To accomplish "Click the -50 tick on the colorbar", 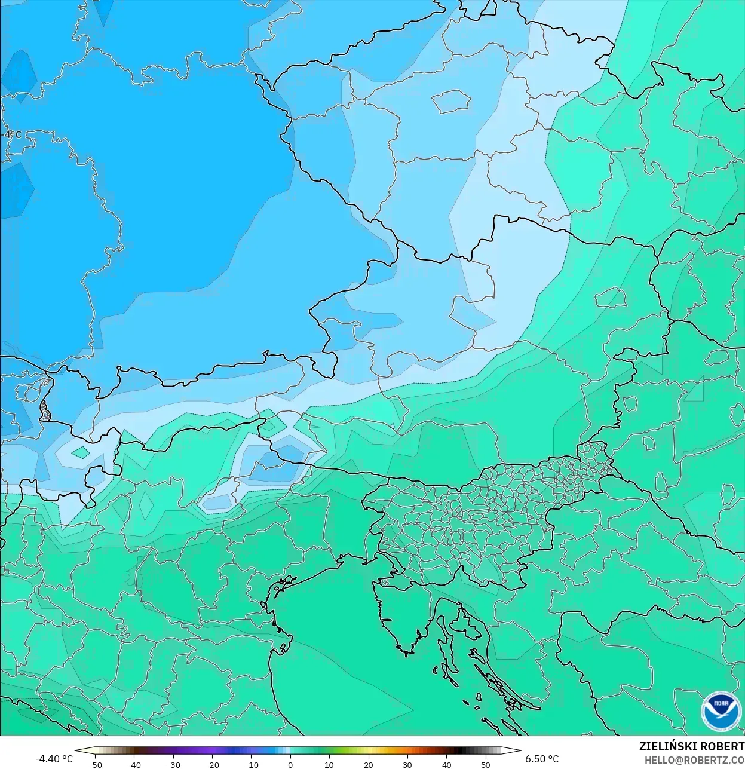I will coord(94,764).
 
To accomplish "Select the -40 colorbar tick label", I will coord(134,764).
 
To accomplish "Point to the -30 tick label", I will coord(173,764).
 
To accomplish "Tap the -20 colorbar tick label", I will coord(212,764).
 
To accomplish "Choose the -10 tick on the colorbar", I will coord(251,764).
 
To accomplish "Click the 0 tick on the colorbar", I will coord(290,764).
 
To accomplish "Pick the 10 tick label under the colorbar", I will coord(329,764).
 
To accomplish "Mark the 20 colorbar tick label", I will coord(368,764).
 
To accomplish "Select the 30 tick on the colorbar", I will coord(407,764).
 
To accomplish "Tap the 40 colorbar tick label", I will coord(446,764).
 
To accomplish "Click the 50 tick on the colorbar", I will coord(485,764).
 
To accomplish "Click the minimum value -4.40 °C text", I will coord(54,759).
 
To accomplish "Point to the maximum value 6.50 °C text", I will coord(542,759).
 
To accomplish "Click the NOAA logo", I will coord(721,710).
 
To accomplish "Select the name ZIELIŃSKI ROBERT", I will coord(691,746).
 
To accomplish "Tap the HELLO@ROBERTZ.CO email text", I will coord(694,759).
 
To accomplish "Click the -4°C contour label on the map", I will coord(11,134).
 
